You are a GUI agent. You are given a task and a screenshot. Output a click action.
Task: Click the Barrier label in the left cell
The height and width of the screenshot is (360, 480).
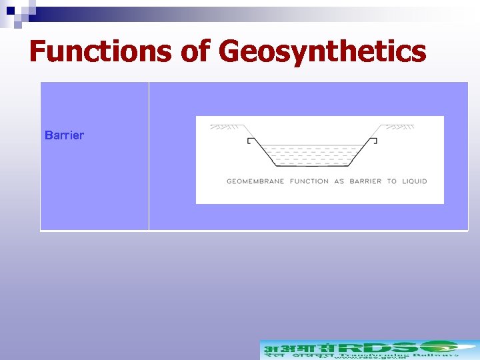pyautogui.click(x=64, y=135)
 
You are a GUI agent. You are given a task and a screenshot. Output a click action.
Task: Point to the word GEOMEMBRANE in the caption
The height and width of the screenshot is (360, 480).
pyautogui.click(x=255, y=181)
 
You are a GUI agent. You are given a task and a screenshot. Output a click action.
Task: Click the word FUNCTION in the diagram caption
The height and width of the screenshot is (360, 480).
pyautogui.click(x=309, y=181)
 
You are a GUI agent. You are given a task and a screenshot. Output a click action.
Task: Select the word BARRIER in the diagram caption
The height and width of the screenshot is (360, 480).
pyautogui.click(x=365, y=181)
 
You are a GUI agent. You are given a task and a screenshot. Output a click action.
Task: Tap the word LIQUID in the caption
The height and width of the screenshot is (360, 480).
pyautogui.click(x=414, y=181)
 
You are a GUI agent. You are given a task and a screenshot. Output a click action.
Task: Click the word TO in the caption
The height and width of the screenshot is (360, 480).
pyautogui.click(x=392, y=181)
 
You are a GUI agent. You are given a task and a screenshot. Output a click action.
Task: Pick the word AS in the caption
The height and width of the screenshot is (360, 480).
pyautogui.click(x=339, y=181)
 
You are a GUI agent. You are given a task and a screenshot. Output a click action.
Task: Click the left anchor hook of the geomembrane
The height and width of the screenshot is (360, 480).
pyautogui.click(x=250, y=141)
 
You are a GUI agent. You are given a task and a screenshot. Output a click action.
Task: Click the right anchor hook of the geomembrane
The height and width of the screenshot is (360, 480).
pyautogui.click(x=374, y=141)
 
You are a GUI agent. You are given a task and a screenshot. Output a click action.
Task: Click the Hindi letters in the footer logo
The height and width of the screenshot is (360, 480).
pyautogui.click(x=293, y=348)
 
